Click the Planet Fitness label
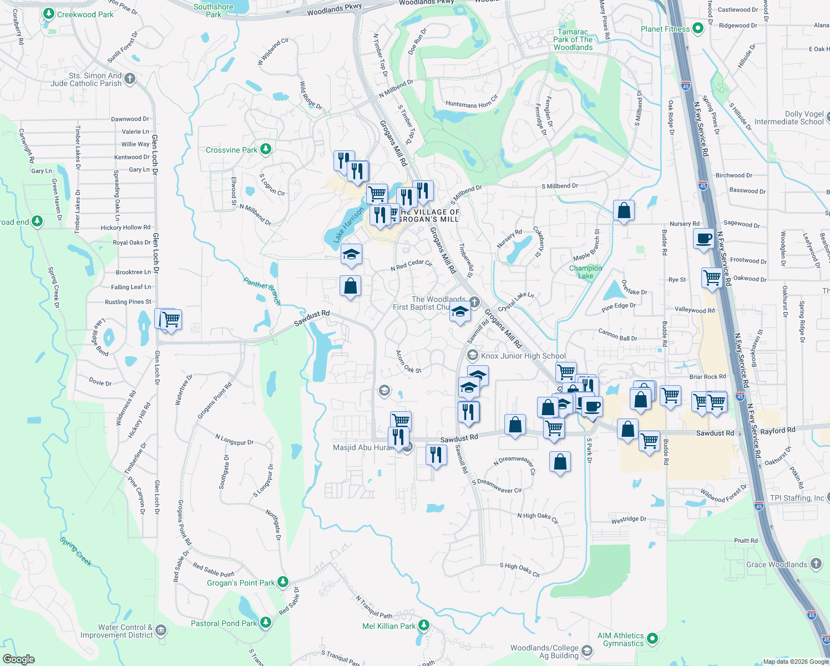(665, 29)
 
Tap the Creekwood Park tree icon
(49, 13)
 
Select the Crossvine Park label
(231, 150)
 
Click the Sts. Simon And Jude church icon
(130, 79)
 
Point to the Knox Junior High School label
(523, 356)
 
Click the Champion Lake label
(585, 272)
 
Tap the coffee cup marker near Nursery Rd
(704, 239)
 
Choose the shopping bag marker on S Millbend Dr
(624, 210)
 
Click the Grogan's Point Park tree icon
(283, 582)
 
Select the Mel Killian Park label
(388, 626)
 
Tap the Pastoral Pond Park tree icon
(266, 622)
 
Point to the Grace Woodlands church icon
(816, 564)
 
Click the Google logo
(18, 659)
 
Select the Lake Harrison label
(348, 225)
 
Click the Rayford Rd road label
(777, 431)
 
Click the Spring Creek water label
(76, 551)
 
